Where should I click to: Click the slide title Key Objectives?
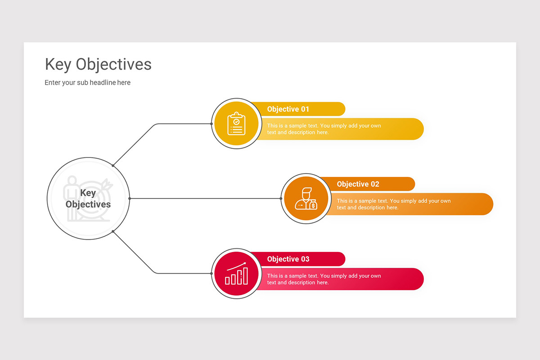click(98, 65)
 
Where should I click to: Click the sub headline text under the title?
click(87, 83)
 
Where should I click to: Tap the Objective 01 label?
click(288, 109)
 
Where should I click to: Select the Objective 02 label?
click(358, 184)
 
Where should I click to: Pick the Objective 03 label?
click(288, 259)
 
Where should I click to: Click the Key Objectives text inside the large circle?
click(88, 199)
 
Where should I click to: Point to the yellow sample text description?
click(324, 129)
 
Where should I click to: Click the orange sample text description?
click(394, 204)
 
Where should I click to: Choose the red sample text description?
click(324, 279)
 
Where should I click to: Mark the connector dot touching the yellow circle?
click(211, 124)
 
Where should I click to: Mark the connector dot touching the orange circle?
click(281, 198)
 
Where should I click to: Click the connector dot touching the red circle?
click(211, 273)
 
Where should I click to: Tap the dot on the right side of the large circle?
click(130, 198)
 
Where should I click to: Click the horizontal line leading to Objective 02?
click(202, 198)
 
